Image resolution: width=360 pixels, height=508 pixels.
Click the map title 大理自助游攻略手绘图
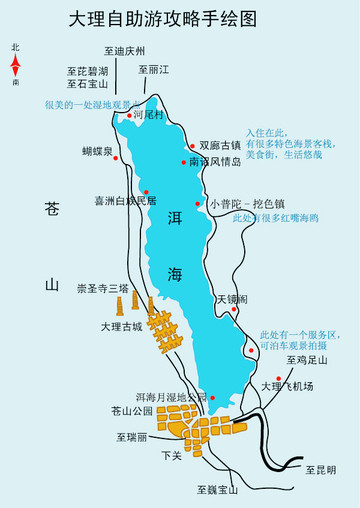(179, 18)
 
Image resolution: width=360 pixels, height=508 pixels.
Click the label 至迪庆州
(124, 51)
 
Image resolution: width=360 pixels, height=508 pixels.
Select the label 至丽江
(159, 70)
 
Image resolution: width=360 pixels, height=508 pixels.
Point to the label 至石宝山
(87, 85)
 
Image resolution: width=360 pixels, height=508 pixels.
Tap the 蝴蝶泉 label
(97, 151)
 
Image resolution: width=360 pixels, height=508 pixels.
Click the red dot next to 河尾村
(130, 116)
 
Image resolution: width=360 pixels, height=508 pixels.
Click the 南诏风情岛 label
(215, 162)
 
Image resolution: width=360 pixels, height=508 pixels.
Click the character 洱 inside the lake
(175, 218)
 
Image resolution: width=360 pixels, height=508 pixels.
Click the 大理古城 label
(123, 326)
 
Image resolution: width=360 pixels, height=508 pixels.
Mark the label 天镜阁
(230, 298)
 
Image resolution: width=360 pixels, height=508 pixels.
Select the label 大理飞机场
(287, 386)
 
